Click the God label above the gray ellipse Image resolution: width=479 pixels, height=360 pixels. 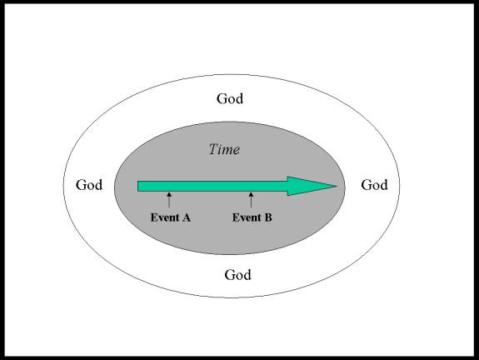230,98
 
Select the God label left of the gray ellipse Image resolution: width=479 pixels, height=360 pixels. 89,185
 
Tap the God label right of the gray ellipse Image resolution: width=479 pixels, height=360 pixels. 374,185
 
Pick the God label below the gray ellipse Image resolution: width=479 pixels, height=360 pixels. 237,275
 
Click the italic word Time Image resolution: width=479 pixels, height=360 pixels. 225,149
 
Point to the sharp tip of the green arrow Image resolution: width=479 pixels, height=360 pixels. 337,186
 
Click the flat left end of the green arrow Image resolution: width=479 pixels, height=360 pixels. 137,187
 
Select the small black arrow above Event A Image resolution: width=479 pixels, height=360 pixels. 169,200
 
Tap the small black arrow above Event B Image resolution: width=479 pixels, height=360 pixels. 251,200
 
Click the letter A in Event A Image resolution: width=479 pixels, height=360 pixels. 186,217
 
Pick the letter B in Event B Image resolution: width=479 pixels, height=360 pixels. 268,217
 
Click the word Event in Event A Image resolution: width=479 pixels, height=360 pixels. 165,217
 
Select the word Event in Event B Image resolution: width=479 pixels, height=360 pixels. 247,217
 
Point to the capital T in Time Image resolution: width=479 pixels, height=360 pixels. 214,149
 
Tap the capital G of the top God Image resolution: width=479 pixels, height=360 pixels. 221,98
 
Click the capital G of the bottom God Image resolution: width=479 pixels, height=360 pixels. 229,275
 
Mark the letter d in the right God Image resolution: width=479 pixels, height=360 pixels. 383,185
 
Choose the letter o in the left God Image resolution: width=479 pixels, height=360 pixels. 89,187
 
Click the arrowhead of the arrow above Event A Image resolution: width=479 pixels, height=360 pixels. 169,194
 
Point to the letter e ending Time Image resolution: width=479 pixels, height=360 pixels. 237,151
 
